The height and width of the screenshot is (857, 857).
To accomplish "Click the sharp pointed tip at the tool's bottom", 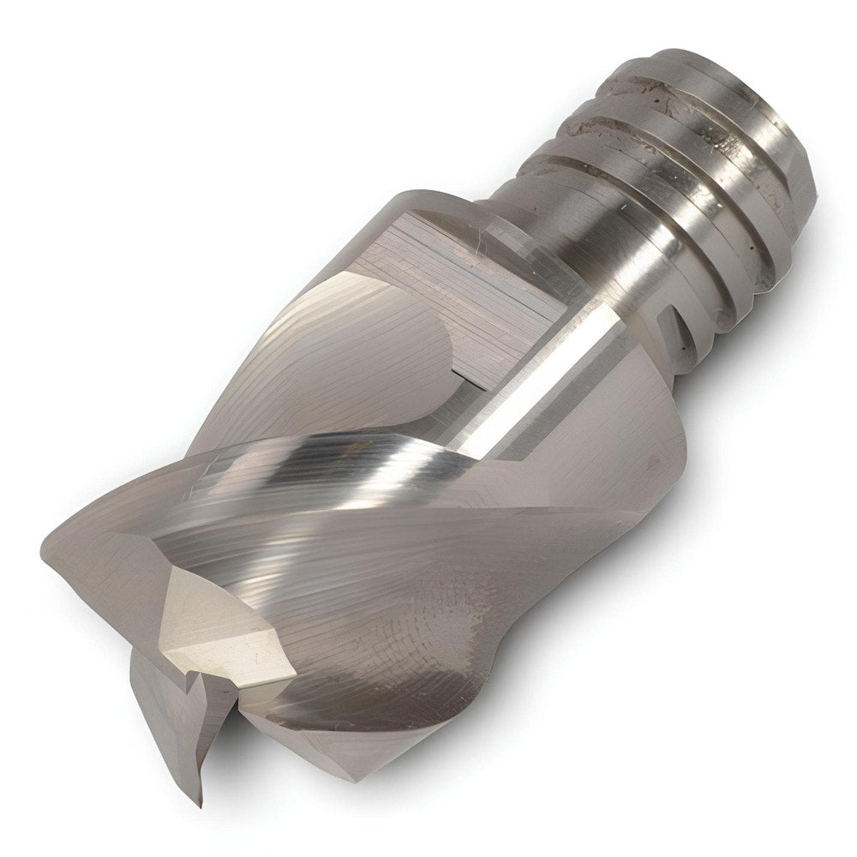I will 199,802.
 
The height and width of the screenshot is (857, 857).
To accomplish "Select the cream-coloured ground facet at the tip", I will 225,630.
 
